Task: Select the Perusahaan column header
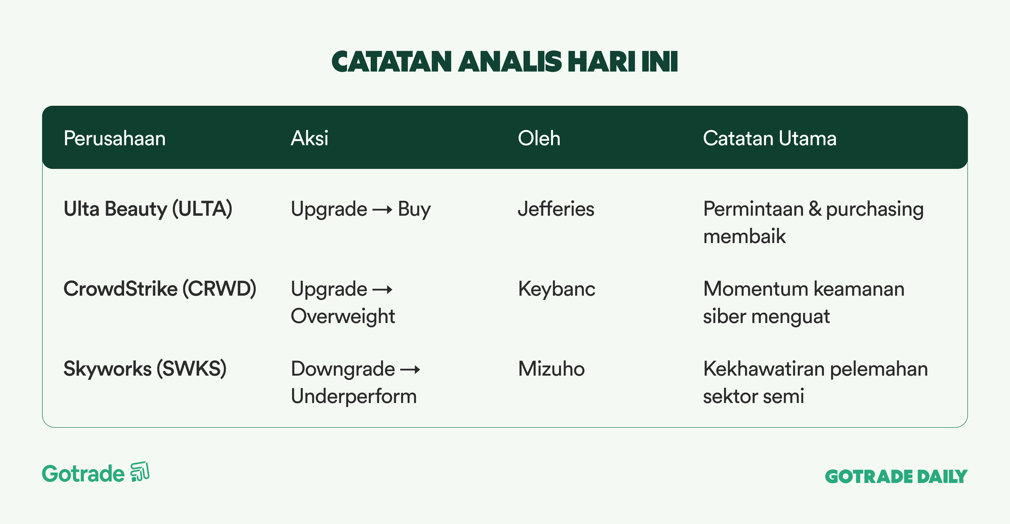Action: tap(115, 138)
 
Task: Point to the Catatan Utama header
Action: tap(770, 138)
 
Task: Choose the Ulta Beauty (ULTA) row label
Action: tap(148, 209)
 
